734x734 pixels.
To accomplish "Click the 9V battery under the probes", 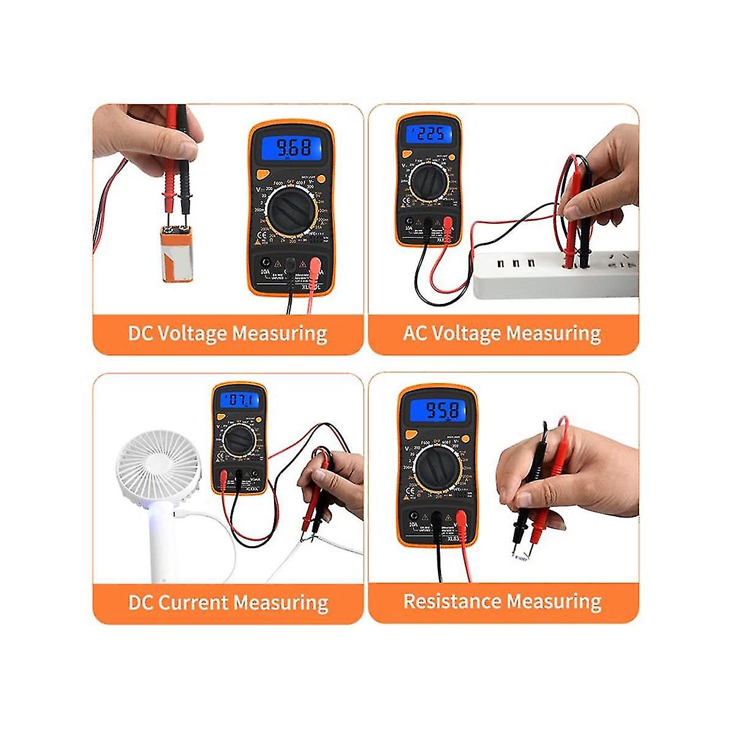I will click(180, 253).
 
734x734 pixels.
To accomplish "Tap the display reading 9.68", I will click(292, 147).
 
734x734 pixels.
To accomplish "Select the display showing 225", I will click(428, 134).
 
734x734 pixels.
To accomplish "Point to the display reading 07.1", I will click(240, 401).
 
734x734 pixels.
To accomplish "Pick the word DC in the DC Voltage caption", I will click(141, 334).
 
